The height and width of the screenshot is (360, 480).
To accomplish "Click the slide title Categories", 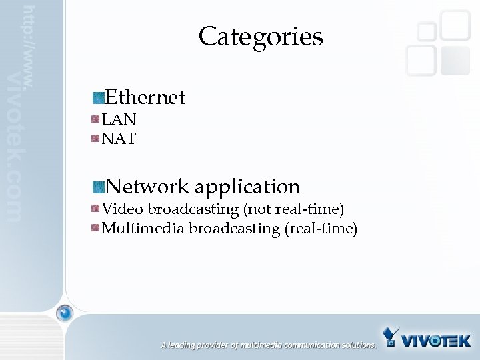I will point(260,36).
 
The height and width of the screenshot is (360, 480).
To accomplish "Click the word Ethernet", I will point(145,97).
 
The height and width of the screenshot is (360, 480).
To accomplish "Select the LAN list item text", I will point(119,119).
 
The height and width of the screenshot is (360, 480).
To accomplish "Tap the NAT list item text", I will point(119,139).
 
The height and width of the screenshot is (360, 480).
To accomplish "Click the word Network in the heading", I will point(147,186).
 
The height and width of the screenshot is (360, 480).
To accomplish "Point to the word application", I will point(247,187).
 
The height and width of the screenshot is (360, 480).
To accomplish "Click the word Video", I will point(123,209).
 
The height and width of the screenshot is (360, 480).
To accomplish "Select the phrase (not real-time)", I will point(293,209).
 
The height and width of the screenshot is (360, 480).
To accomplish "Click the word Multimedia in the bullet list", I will point(143,229).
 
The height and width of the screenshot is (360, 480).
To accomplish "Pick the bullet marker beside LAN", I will point(96,120).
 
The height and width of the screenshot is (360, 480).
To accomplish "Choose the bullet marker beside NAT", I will point(96,139).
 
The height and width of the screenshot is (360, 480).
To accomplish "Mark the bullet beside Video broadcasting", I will point(96,209).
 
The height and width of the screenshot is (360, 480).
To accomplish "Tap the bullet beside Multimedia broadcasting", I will point(96,229).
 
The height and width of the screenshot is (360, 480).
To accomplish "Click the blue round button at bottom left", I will point(65,312).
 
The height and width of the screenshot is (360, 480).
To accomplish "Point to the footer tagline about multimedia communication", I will point(268,345).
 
